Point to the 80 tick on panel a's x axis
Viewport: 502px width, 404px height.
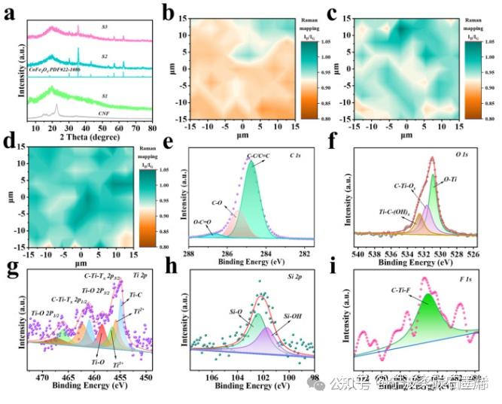152,129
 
